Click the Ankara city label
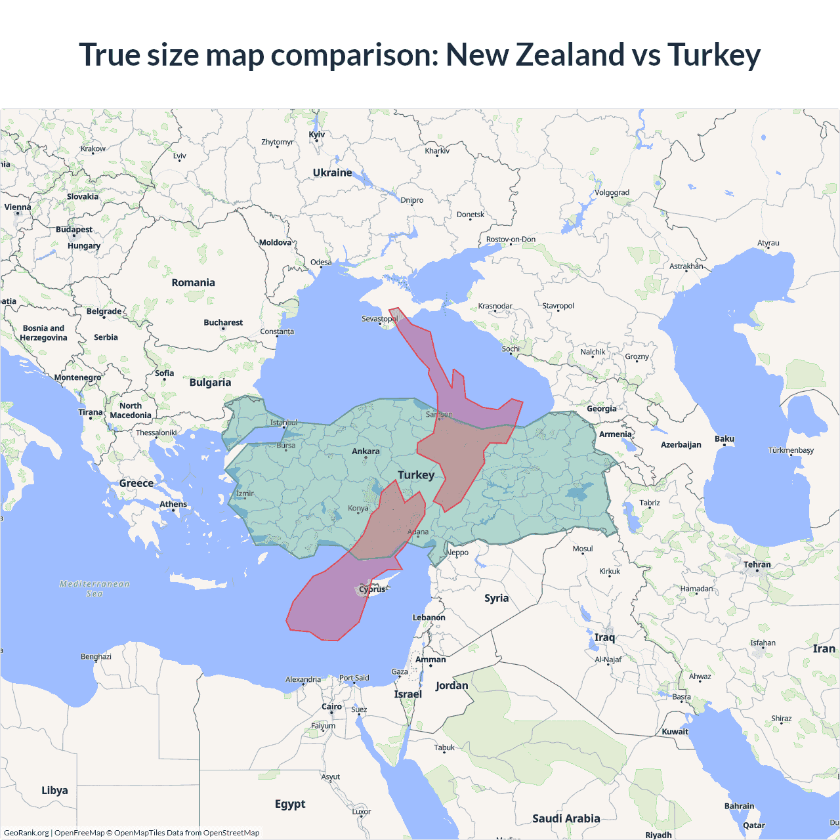366,451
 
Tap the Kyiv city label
317,135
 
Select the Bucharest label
223,323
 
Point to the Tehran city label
757,564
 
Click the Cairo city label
331,707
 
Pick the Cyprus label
372,589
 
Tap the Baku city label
724,439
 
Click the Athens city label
173,505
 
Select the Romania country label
193,283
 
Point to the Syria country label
496,598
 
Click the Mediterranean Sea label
94,589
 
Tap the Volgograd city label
612,193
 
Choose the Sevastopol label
379,319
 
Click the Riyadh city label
658,835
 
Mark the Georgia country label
601,409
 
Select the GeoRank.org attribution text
26,833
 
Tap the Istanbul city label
283,423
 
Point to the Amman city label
430,660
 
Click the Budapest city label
74,230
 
